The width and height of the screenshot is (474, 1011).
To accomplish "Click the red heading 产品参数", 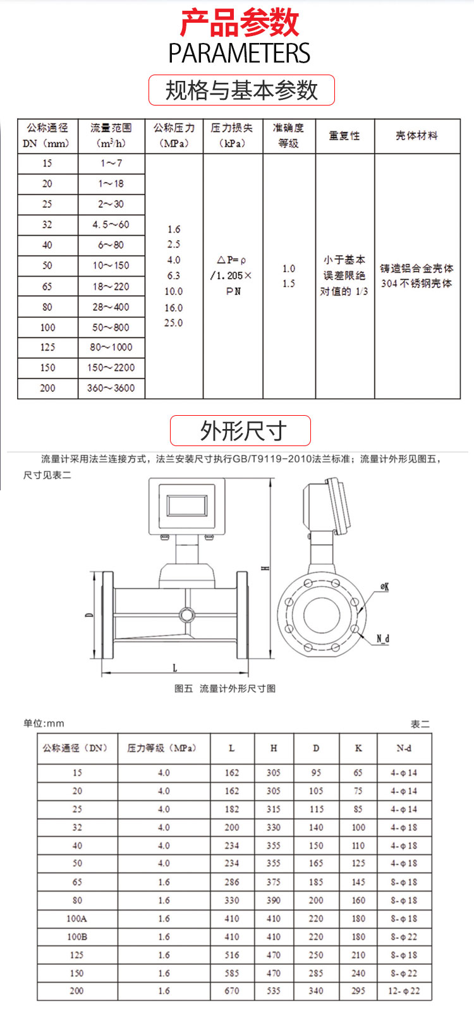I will tap(239, 23).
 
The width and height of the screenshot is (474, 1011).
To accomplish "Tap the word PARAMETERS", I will tap(239, 54).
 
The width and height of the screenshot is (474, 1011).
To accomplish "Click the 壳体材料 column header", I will tap(416, 135).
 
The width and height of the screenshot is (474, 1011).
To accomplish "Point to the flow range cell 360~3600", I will tap(111, 388).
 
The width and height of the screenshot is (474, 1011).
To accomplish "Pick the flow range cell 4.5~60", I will tap(111, 224).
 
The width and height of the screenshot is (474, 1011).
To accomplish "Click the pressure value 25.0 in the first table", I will tap(174, 323).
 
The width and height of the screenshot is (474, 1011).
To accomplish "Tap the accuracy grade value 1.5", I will tap(289, 284).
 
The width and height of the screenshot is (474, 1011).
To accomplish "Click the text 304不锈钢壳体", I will tap(416, 284).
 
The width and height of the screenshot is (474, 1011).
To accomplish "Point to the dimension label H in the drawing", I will tap(266, 567).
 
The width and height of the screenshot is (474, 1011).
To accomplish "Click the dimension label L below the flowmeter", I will tap(175, 667).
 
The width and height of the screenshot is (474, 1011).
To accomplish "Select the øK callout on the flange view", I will tap(384, 587).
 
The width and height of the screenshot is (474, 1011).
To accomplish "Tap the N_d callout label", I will tap(383, 639).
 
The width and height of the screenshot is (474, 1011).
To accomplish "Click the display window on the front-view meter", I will tap(186, 505).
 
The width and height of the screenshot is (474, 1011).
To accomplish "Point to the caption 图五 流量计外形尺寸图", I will tap(225, 688).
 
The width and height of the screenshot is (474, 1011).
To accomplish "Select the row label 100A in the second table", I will tap(76, 919).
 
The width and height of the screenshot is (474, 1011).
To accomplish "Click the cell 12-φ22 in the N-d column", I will tap(404, 991).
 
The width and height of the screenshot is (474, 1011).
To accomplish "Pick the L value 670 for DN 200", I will tap(232, 991).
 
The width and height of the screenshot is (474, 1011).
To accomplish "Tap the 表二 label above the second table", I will tap(420, 724).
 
